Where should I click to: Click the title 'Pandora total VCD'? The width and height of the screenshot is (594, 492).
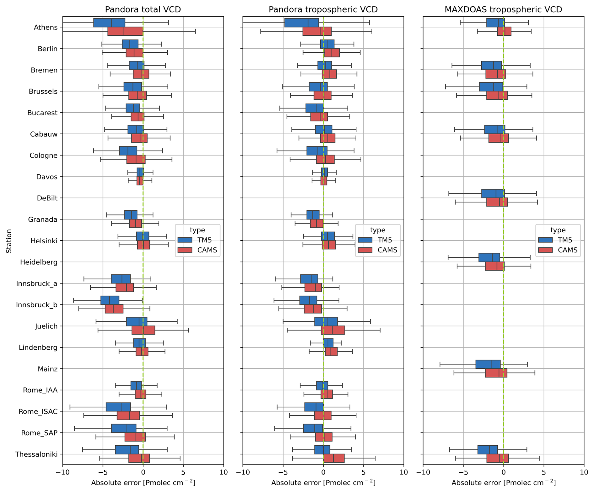tap(143, 9)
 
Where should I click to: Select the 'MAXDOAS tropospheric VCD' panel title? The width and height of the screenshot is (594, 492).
tap(503, 9)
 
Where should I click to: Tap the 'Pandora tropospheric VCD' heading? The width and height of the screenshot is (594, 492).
tap(323, 9)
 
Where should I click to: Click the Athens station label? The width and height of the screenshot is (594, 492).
tap(46, 27)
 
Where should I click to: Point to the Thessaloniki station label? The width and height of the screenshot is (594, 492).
tap(36, 454)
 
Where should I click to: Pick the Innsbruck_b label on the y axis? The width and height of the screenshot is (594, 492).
tap(37, 305)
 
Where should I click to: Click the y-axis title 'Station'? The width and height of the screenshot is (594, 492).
tap(9, 241)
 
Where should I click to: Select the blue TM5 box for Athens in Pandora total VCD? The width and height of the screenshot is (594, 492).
tap(109, 23)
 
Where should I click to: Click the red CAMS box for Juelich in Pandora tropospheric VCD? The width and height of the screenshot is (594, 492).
tap(333, 330)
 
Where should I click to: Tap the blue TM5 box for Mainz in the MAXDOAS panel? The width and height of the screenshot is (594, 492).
tap(488, 364)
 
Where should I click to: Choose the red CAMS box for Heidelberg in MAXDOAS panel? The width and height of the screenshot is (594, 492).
tap(494, 266)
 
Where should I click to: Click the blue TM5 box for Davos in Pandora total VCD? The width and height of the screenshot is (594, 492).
tap(140, 172)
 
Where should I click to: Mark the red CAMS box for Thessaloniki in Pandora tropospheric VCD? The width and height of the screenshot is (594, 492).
tap(334, 458)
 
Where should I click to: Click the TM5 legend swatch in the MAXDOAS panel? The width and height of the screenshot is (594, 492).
tap(545, 240)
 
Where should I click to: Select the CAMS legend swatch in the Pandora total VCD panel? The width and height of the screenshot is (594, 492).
tap(185, 250)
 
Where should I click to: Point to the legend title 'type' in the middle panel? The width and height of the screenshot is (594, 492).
tap(378, 230)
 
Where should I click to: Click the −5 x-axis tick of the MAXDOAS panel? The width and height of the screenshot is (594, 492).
tap(463, 472)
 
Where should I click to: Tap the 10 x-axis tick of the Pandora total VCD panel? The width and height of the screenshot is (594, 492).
tap(224, 472)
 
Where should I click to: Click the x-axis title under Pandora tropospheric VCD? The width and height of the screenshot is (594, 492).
tap(323, 483)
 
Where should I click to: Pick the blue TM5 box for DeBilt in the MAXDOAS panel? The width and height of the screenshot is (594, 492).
tap(493, 193)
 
